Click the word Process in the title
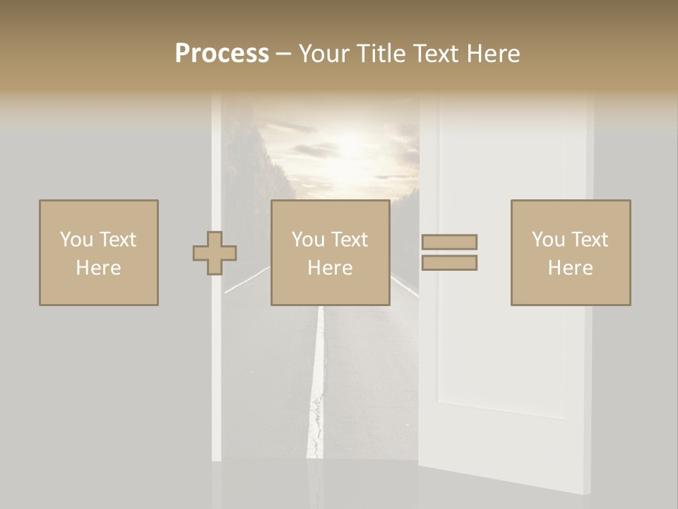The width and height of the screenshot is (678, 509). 222,53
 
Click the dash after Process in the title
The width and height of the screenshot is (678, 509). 283,54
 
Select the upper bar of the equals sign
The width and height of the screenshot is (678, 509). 449,242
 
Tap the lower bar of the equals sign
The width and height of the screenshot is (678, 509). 449,262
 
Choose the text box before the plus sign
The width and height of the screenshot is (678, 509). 98,252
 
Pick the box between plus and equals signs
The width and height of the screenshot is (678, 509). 330,252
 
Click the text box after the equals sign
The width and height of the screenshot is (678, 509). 570,252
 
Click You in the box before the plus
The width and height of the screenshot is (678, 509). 76,240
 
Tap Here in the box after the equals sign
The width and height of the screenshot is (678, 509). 570,268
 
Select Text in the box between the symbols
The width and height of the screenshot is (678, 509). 350,240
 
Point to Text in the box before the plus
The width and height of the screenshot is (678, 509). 117,240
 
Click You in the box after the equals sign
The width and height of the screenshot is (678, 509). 548,240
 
